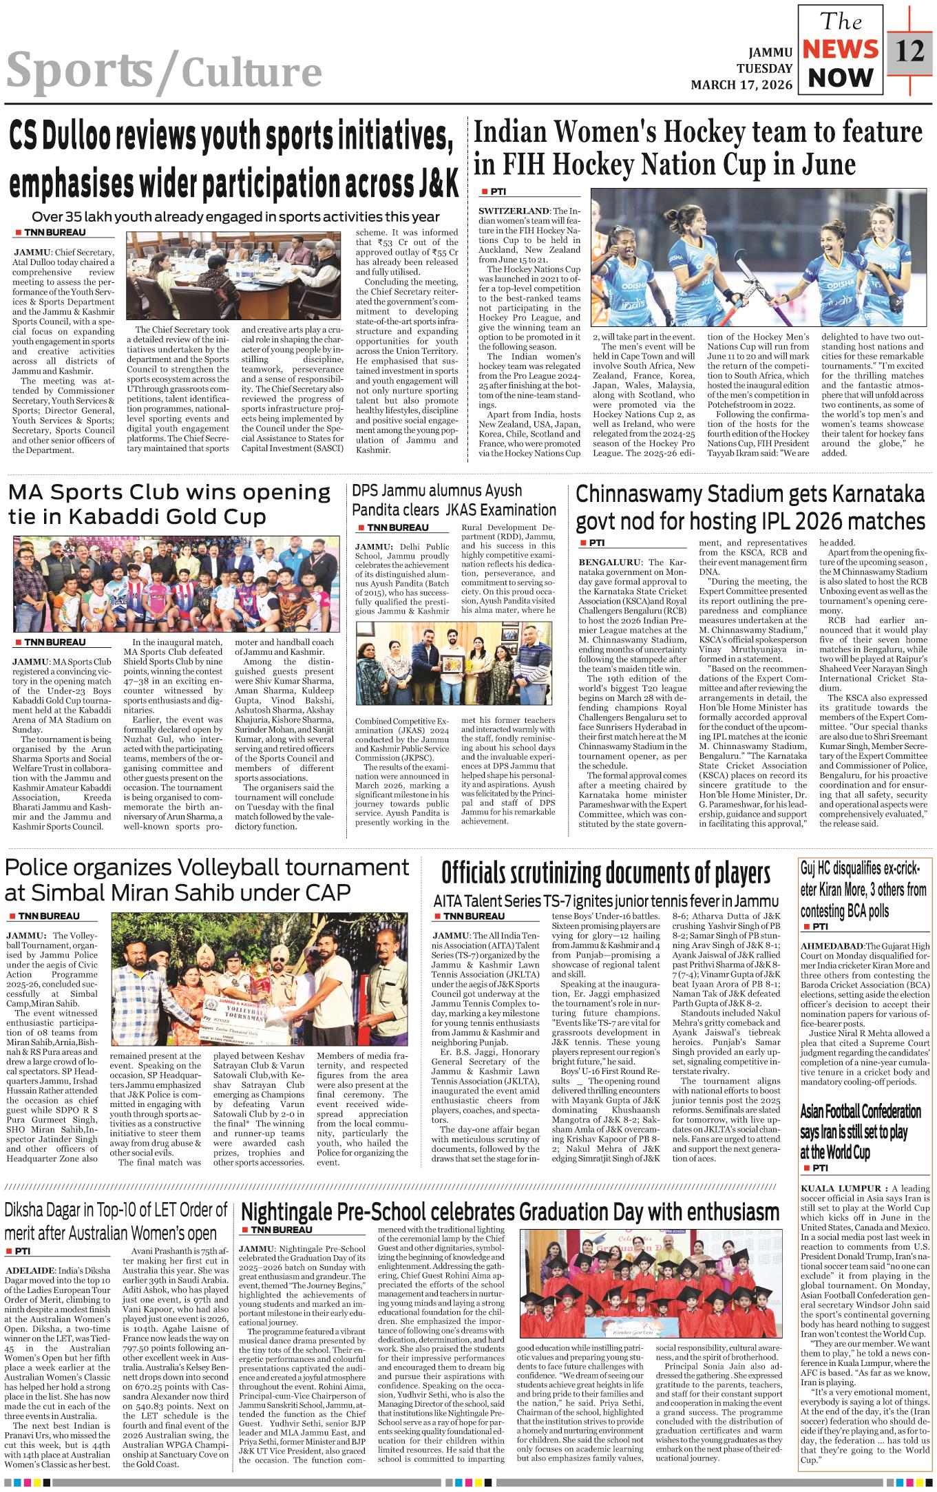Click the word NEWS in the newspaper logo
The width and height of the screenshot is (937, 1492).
tap(841, 50)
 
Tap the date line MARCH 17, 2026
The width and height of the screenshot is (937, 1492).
tap(741, 85)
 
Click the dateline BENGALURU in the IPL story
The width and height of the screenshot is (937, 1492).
tap(609, 563)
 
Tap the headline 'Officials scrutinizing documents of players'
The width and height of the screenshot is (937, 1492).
tap(605, 872)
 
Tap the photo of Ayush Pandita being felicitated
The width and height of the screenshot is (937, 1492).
tap(458, 662)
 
